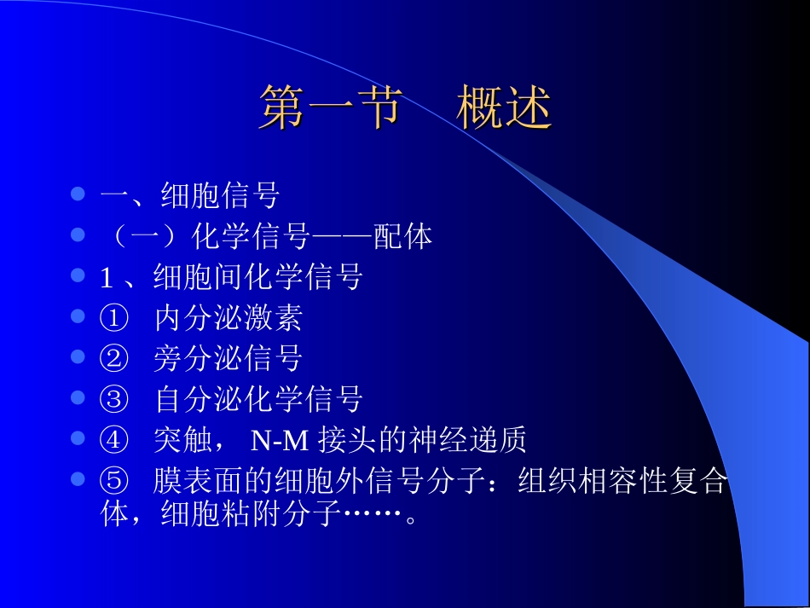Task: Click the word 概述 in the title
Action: pyautogui.click(x=504, y=109)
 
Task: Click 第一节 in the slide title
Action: pyautogui.click(x=329, y=109)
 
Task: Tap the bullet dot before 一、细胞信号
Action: pyautogui.click(x=78, y=194)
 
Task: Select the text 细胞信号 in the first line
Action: pyautogui.click(x=220, y=196)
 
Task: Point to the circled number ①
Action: pyautogui.click(x=113, y=319)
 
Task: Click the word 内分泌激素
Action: pyautogui.click(x=229, y=319)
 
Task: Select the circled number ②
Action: pyautogui.click(x=113, y=359)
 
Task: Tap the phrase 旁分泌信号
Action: pyautogui.click(x=229, y=359)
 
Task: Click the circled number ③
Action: pyautogui.click(x=113, y=399)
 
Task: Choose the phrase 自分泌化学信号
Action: pyautogui.click(x=259, y=399)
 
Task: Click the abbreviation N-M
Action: pyautogui.click(x=281, y=441)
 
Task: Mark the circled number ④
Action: pyautogui.click(x=113, y=440)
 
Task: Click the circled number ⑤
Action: pyautogui.click(x=113, y=482)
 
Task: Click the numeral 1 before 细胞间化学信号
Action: pyautogui.click(x=107, y=277)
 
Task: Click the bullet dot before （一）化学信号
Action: pyautogui.click(x=78, y=235)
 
